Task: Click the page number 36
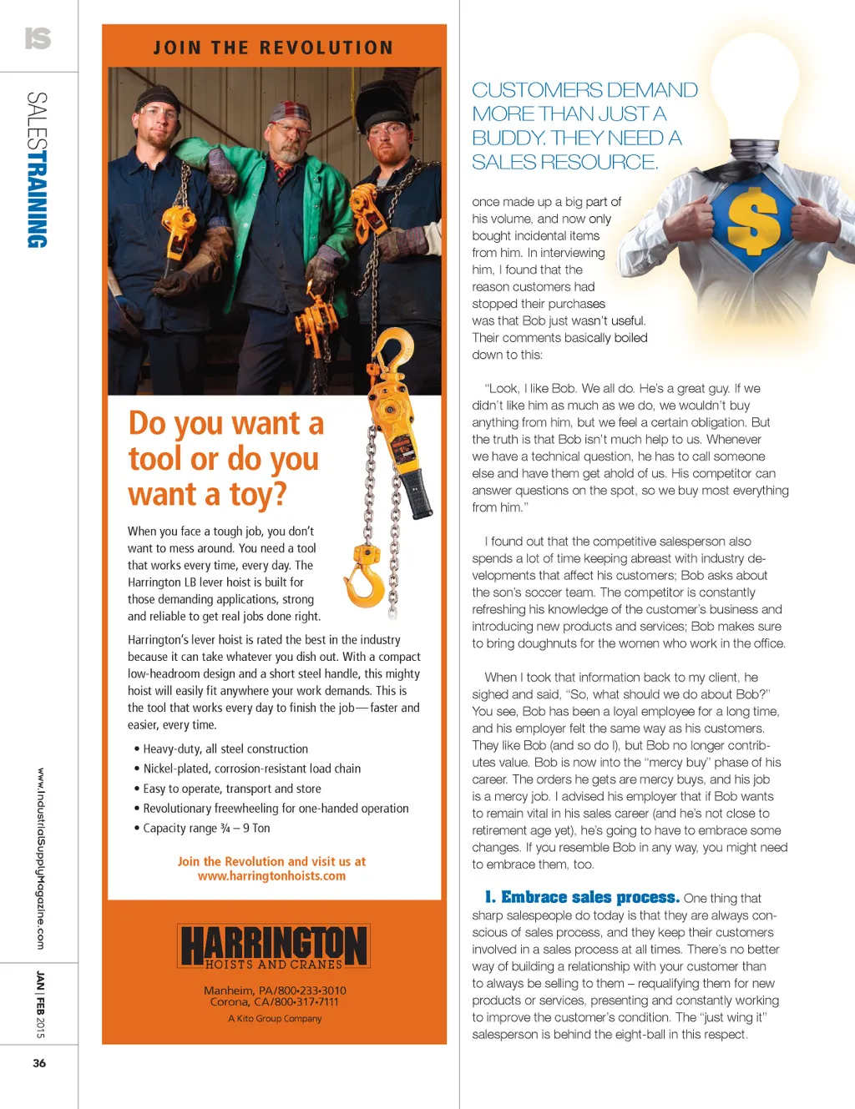(x=39, y=1063)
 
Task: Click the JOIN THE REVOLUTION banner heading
(x=273, y=48)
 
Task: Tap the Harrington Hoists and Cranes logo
(x=273, y=946)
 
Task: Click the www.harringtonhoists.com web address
(x=271, y=876)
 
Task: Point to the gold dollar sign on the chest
(x=753, y=220)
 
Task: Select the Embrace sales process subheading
(x=582, y=898)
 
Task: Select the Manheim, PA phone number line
(x=275, y=991)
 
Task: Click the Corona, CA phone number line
(x=275, y=1002)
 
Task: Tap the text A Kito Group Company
(x=275, y=1019)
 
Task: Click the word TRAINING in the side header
(x=38, y=201)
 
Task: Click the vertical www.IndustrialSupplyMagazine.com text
(x=40, y=858)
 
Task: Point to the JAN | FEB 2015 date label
(x=40, y=1004)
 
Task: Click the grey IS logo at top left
(x=38, y=38)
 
